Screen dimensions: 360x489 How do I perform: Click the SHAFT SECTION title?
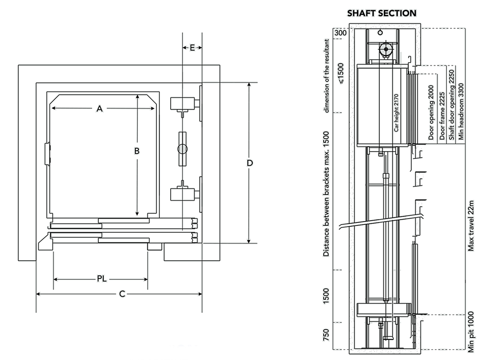coord(381,13)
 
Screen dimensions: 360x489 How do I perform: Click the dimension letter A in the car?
coord(99,109)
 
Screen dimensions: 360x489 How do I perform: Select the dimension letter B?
coord(137,152)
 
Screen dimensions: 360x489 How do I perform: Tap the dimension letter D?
coord(249,162)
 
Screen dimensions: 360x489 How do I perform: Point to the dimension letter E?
coord(192,47)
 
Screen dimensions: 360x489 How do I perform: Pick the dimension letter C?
coord(123,293)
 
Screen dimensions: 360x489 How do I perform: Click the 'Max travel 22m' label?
coord(470,225)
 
